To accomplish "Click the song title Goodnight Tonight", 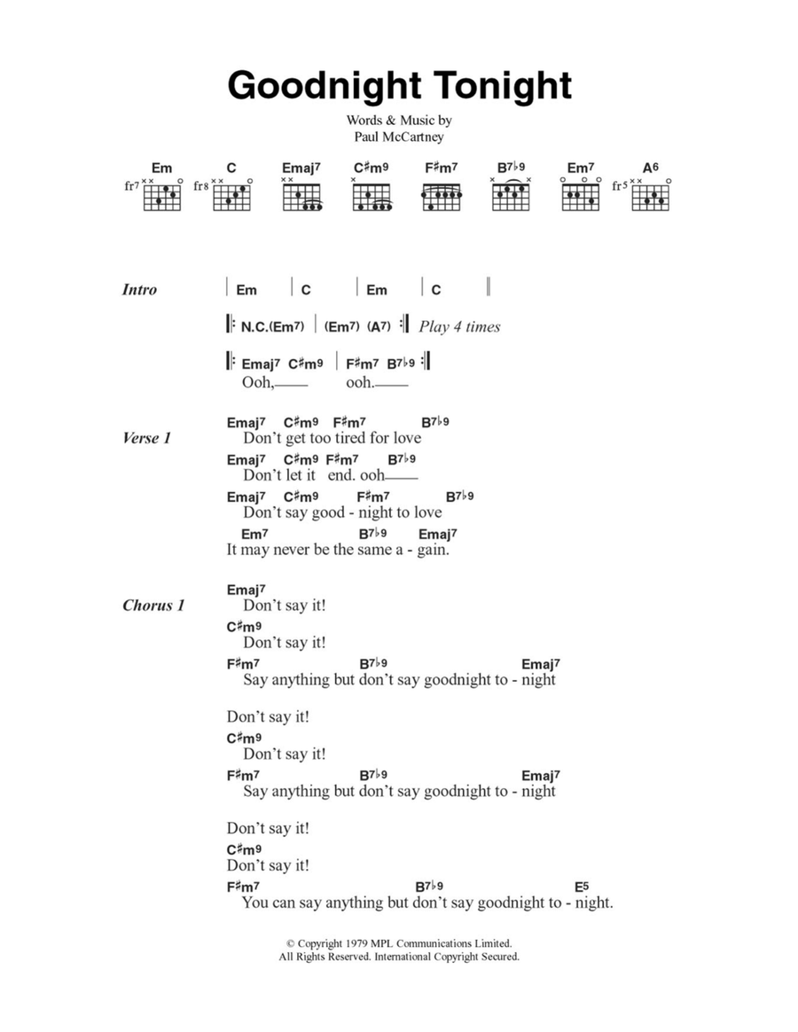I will point(399,86).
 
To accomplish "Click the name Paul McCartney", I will point(399,137).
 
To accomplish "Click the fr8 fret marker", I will point(200,187).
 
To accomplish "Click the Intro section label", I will point(139,289).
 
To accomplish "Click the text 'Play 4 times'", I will point(459,326).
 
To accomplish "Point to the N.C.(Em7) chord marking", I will point(272,326).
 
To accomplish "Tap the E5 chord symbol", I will point(582,887).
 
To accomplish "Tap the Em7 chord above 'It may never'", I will point(254,534).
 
